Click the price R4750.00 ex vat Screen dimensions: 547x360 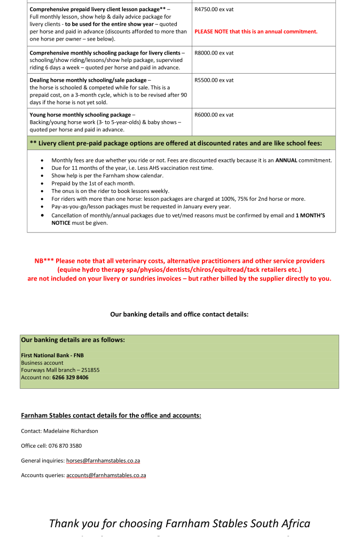click(x=214, y=10)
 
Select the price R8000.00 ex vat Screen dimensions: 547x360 click(x=214, y=53)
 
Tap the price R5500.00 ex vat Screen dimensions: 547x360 click(x=214, y=80)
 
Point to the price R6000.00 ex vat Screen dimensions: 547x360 click(x=214, y=115)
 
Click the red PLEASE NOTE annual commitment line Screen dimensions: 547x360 click(x=256, y=32)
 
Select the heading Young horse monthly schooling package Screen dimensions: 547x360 click(x=80, y=115)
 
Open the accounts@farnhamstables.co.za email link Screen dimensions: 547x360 click(x=106, y=475)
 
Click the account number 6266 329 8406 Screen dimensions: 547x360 click(x=70, y=377)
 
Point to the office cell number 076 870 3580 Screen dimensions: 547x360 click(x=66, y=446)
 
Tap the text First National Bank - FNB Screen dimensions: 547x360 click(x=52, y=355)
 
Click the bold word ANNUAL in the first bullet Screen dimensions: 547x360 click(x=286, y=160)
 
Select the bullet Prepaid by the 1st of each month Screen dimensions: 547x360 click(x=93, y=183)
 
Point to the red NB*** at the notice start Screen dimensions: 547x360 click(x=44, y=261)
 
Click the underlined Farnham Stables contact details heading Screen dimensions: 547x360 click(x=111, y=415)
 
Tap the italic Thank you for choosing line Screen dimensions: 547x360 click(x=179, y=523)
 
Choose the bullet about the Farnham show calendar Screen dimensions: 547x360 click(x=107, y=176)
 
